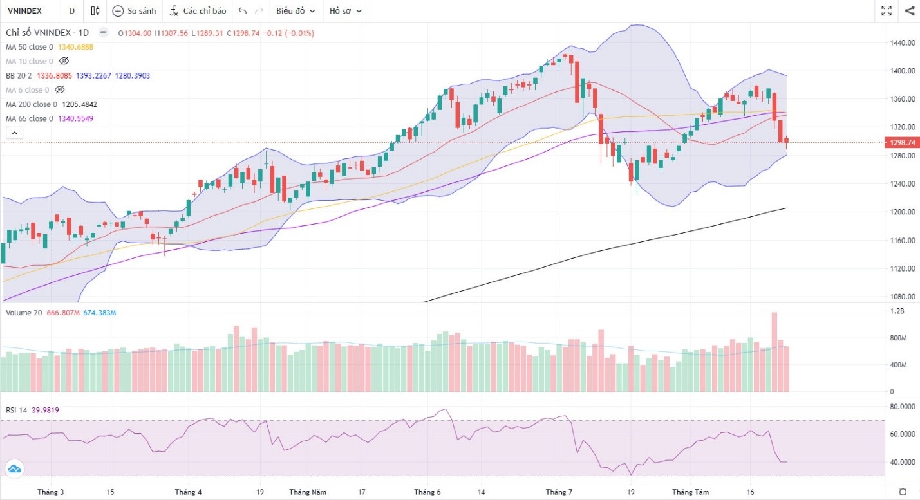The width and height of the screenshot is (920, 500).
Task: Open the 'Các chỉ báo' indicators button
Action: (198, 11)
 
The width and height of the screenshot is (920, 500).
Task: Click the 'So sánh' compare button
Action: (135, 11)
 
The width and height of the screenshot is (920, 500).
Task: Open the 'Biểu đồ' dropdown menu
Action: (296, 11)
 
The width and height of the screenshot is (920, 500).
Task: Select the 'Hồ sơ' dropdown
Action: (345, 11)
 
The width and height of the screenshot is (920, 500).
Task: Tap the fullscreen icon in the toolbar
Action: (887, 11)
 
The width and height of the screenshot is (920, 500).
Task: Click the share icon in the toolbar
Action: (910, 11)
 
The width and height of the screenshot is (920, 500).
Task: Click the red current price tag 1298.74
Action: (903, 143)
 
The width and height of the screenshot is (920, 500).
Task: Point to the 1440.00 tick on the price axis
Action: (902, 42)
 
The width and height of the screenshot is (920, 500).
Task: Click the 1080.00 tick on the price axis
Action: (902, 297)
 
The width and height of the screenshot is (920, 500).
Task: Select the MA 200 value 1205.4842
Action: (79, 104)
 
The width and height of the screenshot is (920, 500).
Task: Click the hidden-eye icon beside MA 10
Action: (63, 61)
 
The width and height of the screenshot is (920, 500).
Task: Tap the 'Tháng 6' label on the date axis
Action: (427, 492)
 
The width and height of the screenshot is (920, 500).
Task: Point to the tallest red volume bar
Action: (774, 351)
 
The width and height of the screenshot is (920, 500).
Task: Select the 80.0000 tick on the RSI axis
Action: (903, 407)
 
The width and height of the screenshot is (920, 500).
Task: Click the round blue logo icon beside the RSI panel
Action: (14, 469)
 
